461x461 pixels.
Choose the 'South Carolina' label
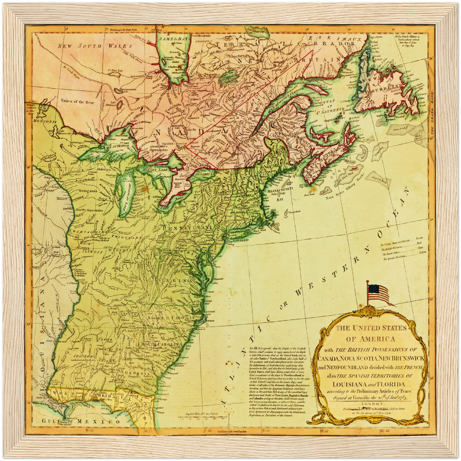coord(162,345)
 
